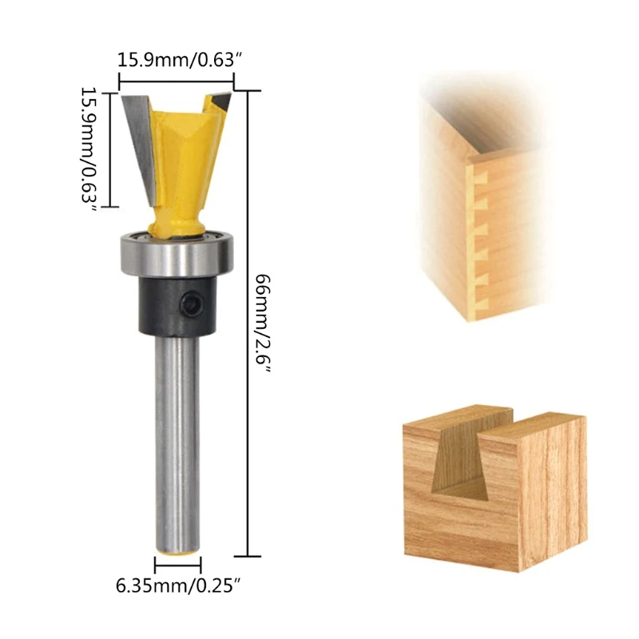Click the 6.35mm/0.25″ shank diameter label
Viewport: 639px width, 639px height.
176,587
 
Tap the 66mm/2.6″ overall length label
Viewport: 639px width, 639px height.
263,324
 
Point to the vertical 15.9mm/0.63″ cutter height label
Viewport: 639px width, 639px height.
89,149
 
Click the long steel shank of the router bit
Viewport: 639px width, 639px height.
177,444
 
